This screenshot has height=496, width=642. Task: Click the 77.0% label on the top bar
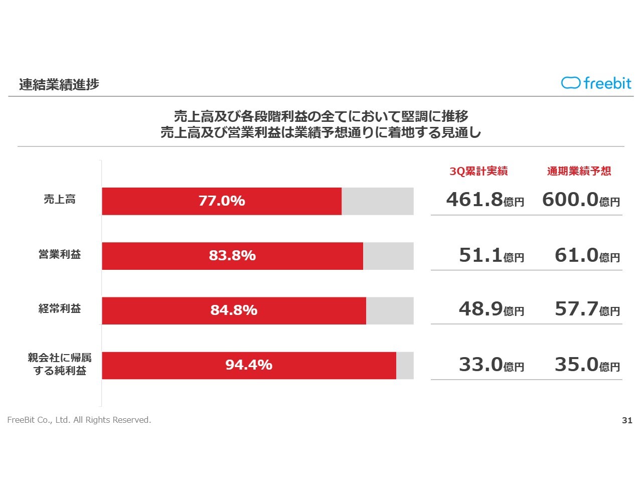(222, 201)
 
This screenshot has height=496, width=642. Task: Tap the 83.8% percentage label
(232, 256)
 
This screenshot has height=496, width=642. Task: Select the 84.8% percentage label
(234, 310)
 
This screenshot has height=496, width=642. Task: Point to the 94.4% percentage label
(249, 365)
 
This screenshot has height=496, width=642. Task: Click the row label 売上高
(60, 200)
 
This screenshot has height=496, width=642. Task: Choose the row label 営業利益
(60, 255)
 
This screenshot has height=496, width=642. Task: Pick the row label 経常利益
(60, 309)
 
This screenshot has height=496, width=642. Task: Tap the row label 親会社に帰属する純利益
(60, 365)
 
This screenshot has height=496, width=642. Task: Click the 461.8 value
(474, 200)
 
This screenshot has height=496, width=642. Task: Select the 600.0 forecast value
(571, 200)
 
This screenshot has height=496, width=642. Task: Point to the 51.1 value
(481, 255)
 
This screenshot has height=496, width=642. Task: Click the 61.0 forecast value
(577, 255)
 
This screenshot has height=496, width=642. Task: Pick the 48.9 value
(481, 309)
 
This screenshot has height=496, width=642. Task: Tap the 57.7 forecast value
(577, 309)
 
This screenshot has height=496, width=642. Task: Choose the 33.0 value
(481, 365)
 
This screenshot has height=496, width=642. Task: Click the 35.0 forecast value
(577, 365)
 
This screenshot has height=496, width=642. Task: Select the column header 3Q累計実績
(478, 172)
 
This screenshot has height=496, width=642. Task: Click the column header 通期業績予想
(579, 172)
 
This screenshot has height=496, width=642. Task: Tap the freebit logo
(596, 83)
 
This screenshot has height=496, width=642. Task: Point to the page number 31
(627, 421)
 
